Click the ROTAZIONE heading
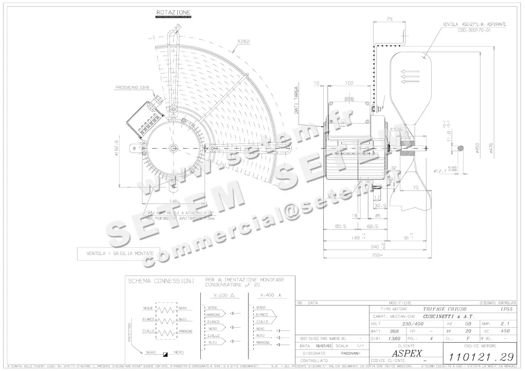173,13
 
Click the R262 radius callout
244,42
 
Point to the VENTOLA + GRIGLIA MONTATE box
120,253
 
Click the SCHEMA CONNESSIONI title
161,282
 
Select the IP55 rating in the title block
507,309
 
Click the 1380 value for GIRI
395,338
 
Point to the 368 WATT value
394,331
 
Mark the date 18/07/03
324,346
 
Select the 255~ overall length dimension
377,255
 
